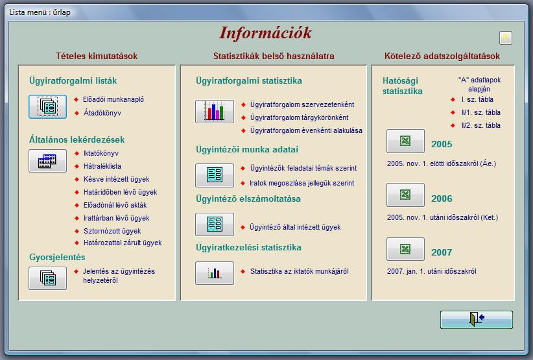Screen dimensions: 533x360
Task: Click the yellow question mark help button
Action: pyautogui.click(x=506, y=38)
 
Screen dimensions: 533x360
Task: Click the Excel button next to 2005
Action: pyautogui.click(x=405, y=141)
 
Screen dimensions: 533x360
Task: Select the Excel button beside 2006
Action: pyautogui.click(x=405, y=195)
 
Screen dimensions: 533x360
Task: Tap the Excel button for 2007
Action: pyautogui.click(x=405, y=249)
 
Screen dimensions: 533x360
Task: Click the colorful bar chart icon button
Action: pyautogui.click(x=215, y=112)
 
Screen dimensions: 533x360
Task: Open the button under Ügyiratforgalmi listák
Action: pyautogui.click(x=47, y=107)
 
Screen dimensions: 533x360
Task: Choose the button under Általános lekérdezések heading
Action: pyautogui.click(x=47, y=161)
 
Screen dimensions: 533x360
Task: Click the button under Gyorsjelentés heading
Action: pyautogui.click(x=47, y=278)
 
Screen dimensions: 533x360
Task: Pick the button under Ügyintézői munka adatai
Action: pyautogui.click(x=215, y=175)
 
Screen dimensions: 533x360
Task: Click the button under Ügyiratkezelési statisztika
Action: pyautogui.click(x=215, y=273)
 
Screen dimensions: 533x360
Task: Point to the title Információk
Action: pyautogui.click(x=265, y=33)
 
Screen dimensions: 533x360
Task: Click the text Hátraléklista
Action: pyautogui.click(x=102, y=166)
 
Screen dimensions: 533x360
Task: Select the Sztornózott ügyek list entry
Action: pyautogui.click(x=112, y=231)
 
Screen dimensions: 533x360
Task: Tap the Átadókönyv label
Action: pyautogui.click(x=102, y=113)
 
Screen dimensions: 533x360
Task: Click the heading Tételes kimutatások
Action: pyautogui.click(x=97, y=56)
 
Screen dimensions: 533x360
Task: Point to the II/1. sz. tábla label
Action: pyautogui.click(x=481, y=112)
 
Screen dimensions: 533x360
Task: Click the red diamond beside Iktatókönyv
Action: pyautogui.click(x=77, y=153)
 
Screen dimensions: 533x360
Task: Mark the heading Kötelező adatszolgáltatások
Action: pyautogui.click(x=442, y=56)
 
